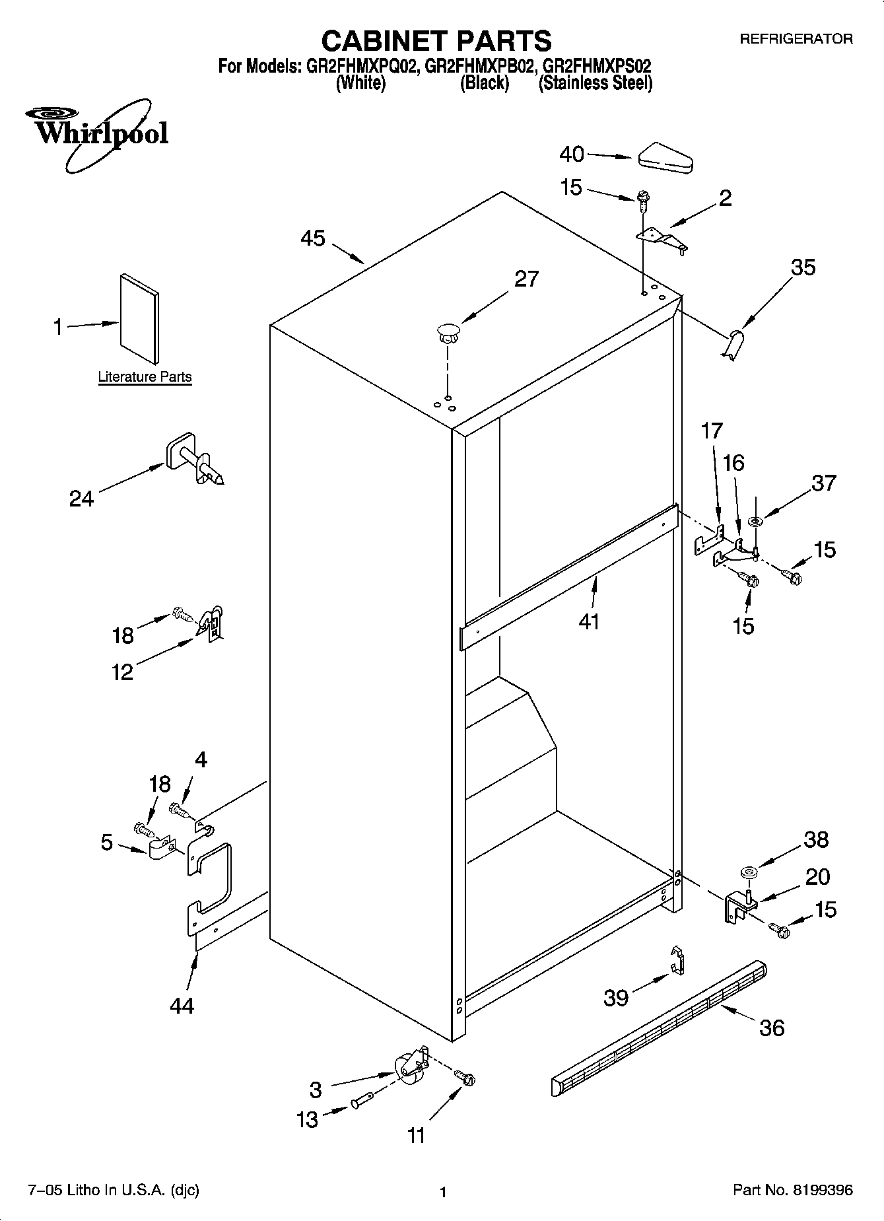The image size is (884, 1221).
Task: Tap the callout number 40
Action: click(572, 155)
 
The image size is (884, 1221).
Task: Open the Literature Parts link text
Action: click(145, 377)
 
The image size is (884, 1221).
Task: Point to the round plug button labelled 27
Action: click(447, 331)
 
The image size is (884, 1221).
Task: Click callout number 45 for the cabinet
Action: click(313, 238)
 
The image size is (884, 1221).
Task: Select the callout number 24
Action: click(81, 499)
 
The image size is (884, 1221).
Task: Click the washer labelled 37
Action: click(755, 522)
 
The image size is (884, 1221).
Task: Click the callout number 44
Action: click(182, 1006)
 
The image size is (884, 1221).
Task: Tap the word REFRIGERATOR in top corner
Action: click(796, 39)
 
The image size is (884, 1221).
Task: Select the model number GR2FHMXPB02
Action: click(479, 67)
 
